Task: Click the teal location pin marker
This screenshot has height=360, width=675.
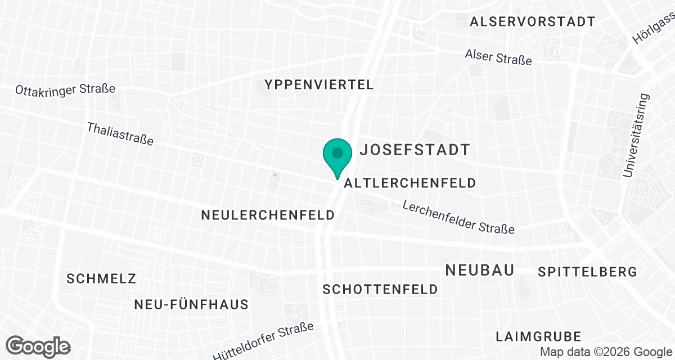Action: tap(337, 154)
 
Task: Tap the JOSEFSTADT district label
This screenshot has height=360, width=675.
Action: tap(415, 150)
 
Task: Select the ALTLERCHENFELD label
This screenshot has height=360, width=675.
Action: tap(410, 183)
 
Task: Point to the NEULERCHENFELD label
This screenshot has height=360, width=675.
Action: tap(268, 215)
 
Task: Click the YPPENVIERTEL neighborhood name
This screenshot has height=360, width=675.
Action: tap(319, 85)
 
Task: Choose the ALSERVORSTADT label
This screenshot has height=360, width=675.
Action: tap(533, 22)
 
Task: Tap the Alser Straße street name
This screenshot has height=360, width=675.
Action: tap(498, 56)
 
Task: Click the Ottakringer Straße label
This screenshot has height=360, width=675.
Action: tap(65, 89)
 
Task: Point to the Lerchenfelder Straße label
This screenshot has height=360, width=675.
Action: tap(458, 217)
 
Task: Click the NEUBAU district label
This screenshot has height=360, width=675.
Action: tap(480, 270)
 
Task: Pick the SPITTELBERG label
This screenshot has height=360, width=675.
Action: tap(587, 272)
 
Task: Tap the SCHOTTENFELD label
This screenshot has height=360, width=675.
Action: tap(380, 289)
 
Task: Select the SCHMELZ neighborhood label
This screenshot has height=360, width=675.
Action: tap(101, 278)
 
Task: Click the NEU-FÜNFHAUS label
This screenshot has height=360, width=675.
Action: tap(191, 305)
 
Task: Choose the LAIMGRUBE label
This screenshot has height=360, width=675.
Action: tap(538, 336)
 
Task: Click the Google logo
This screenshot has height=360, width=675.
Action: tap(38, 346)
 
